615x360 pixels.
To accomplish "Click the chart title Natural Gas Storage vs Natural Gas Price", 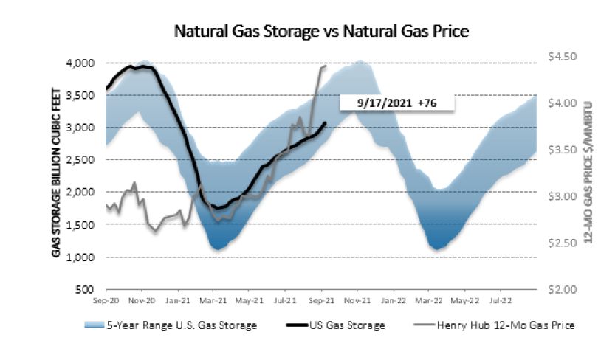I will (321, 32).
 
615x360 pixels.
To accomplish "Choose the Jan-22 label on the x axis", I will (394, 301).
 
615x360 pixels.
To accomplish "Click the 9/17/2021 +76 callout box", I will (396, 104).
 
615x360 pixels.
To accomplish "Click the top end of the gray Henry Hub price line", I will (326, 66).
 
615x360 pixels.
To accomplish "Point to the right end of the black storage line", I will (326, 122).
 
